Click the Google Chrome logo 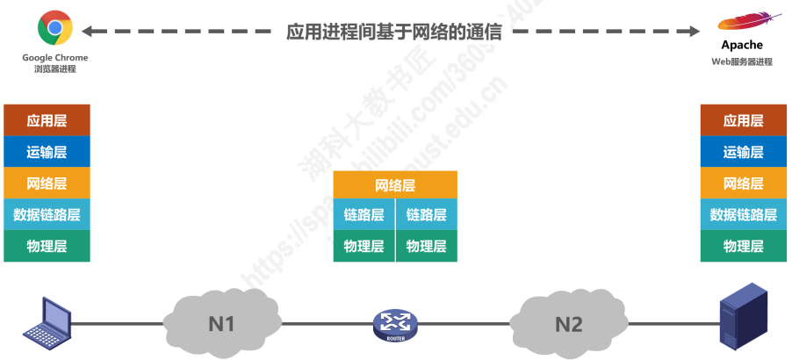click(x=54, y=28)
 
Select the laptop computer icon click(x=46, y=322)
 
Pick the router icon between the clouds click(x=394, y=325)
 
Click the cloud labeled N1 click(x=220, y=323)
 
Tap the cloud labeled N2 click(x=567, y=323)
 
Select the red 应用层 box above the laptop click(x=47, y=120)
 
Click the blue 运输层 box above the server click(x=743, y=152)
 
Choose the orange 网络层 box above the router click(x=395, y=185)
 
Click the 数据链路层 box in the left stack click(x=47, y=214)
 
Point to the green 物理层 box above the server click(x=743, y=247)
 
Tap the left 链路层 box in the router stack click(x=364, y=215)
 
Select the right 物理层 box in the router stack click(x=427, y=247)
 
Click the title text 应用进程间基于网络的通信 click(x=394, y=32)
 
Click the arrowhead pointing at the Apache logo click(x=695, y=32)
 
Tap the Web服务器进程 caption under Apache click(x=742, y=62)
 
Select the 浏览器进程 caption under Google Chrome click(x=55, y=68)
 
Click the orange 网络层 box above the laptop click(x=47, y=184)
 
